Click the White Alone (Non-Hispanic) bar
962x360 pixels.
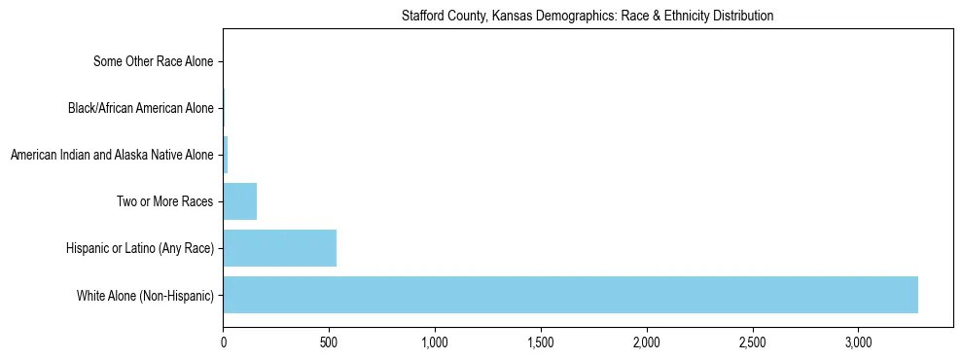(570, 295)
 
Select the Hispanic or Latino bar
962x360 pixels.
(280, 248)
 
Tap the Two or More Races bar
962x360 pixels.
(240, 201)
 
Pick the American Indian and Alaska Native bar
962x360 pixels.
(226, 155)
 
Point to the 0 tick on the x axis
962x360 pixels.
(224, 343)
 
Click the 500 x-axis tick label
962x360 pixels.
(329, 343)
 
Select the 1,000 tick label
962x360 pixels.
(435, 343)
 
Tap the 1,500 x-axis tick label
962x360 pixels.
(541, 343)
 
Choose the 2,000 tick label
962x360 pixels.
(647, 343)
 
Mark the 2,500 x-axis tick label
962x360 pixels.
(753, 343)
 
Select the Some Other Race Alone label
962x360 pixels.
(153, 61)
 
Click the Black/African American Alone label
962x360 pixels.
(141, 108)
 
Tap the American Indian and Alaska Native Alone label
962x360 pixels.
(112, 155)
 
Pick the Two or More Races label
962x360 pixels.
(164, 201)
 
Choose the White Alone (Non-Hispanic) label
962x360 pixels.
(145, 295)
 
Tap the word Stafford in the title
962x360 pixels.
(421, 16)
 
